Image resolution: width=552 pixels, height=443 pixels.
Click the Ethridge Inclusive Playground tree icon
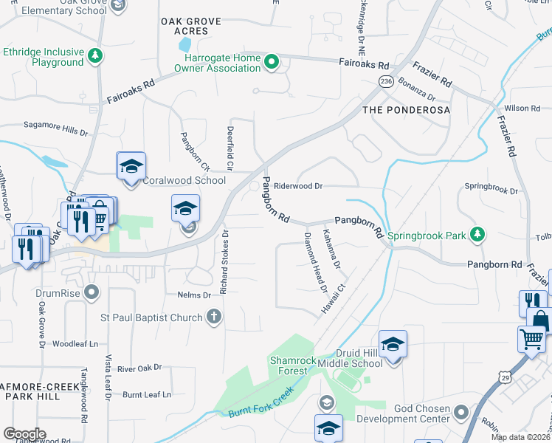(x=94, y=56)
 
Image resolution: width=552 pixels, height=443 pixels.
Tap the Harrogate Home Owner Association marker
(x=271, y=63)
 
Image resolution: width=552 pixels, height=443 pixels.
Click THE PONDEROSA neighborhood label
(x=406, y=109)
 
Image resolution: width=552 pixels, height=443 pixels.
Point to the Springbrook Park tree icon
(x=477, y=235)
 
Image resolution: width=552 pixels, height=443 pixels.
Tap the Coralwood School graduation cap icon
(x=131, y=166)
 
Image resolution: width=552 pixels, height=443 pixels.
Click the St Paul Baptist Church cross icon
(x=213, y=317)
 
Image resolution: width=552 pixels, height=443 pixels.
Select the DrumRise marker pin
(x=92, y=293)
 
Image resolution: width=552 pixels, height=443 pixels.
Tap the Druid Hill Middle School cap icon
(x=393, y=343)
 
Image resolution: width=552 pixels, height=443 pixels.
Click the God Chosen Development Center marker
(x=461, y=411)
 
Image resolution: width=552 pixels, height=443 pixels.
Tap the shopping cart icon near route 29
(x=531, y=339)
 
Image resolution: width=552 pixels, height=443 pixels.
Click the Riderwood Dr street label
(x=298, y=187)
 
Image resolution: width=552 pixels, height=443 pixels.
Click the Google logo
(x=24, y=433)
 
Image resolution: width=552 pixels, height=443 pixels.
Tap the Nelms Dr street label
(x=194, y=295)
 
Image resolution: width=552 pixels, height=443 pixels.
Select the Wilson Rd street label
(x=522, y=109)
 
